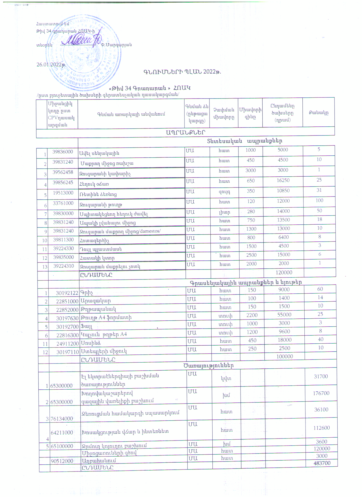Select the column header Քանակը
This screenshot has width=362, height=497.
[319, 112]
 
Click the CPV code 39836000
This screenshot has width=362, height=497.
[62, 152]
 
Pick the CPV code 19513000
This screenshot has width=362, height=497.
[63, 193]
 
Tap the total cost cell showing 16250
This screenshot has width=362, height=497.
[283, 180]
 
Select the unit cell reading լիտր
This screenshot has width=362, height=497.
[224, 212]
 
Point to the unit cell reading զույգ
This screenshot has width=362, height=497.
[224, 191]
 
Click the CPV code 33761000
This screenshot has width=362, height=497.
[63, 203]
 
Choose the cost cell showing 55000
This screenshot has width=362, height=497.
[284, 315]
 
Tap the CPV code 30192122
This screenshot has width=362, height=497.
[67, 293]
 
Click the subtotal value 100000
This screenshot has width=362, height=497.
[284, 356]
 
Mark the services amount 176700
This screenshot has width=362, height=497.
[321, 393]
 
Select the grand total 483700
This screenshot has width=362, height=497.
[322, 463]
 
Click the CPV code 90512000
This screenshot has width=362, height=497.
[62, 461]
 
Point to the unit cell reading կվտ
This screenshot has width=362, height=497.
[226, 378]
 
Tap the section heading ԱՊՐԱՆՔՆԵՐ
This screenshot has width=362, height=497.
[185, 132]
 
